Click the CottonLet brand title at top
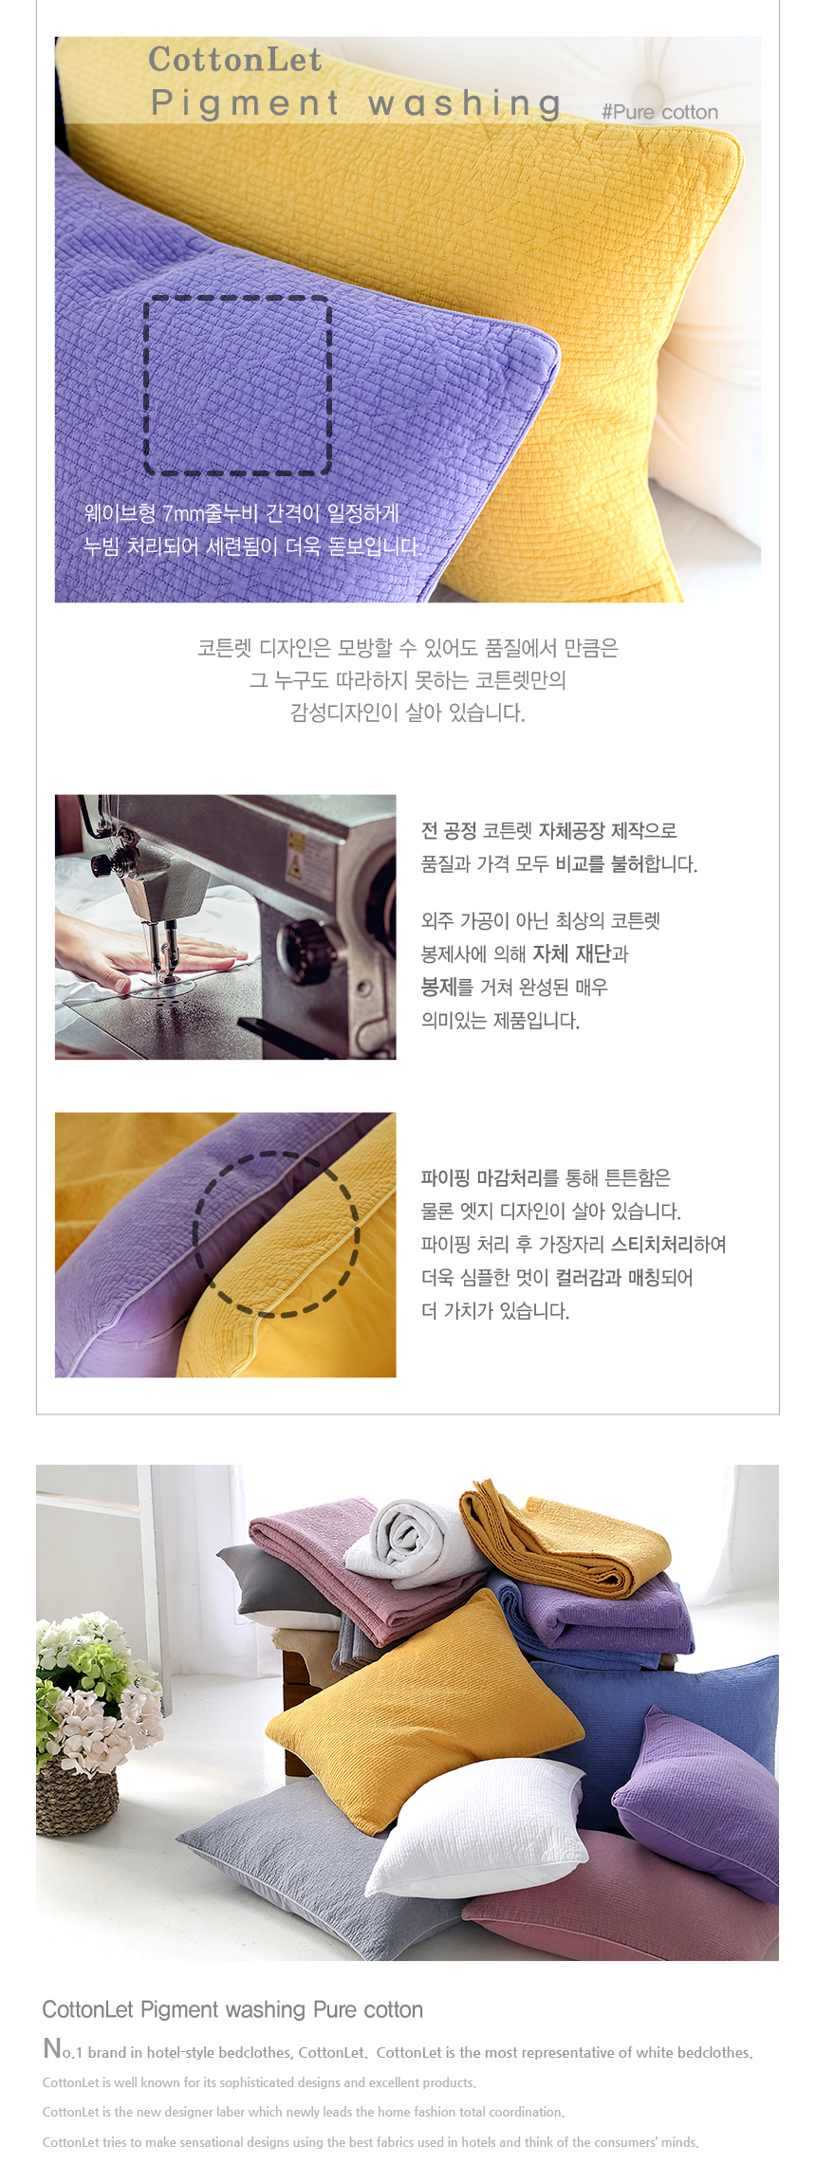(235, 60)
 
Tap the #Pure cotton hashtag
(659, 112)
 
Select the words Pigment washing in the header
(356, 103)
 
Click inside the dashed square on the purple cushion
(237, 384)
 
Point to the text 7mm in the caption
(183, 513)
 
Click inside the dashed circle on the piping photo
(276, 1233)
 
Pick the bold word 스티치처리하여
(669, 1244)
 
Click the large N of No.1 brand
(52, 2048)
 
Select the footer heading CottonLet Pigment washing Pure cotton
(232, 2009)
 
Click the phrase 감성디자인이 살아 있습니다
(408, 712)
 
